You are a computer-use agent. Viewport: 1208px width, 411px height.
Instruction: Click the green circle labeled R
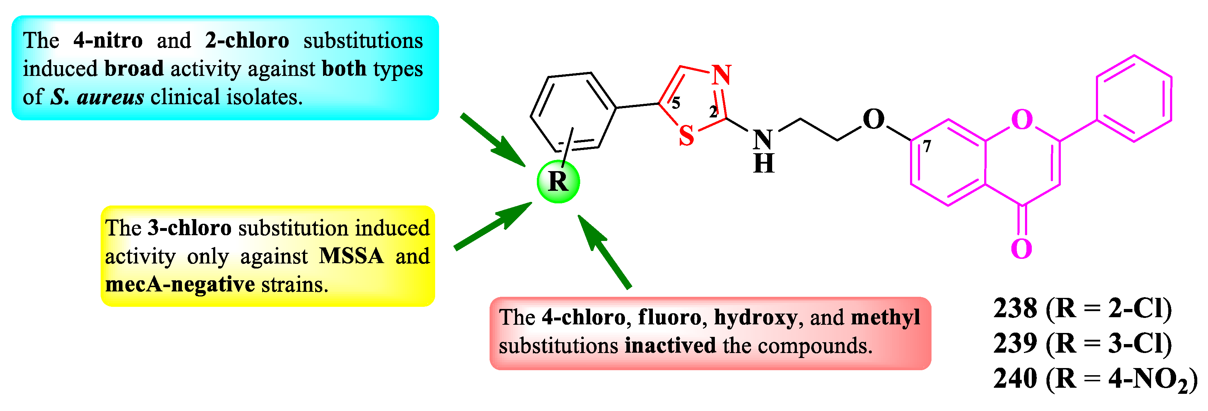click(558, 182)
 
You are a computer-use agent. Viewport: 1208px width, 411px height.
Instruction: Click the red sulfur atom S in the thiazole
click(686, 136)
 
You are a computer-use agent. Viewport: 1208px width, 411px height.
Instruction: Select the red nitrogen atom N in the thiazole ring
click(721, 75)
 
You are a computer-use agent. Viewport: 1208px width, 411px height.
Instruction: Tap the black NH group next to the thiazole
click(764, 150)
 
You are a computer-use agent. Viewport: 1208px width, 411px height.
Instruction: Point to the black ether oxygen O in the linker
click(873, 120)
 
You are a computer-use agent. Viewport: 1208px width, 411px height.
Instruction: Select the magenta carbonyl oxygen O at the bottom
click(1021, 249)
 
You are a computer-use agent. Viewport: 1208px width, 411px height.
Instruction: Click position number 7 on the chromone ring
click(927, 147)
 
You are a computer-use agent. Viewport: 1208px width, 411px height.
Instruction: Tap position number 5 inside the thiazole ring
click(676, 103)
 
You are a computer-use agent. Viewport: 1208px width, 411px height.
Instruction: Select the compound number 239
click(1015, 344)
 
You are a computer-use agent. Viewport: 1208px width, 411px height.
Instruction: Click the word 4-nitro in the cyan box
click(108, 40)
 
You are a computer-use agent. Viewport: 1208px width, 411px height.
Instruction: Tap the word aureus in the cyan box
click(111, 97)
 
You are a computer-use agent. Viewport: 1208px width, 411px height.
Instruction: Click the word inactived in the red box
click(670, 346)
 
